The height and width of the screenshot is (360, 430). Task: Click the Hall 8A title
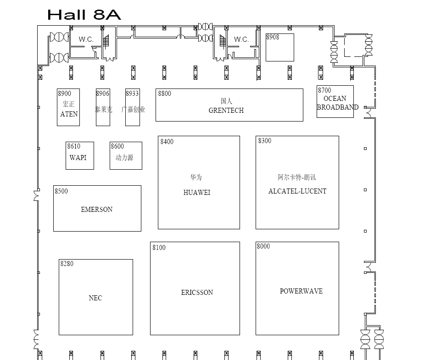pos(84,14)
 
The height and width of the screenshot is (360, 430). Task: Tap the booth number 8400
pos(167,142)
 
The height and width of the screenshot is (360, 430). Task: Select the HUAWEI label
pos(197,193)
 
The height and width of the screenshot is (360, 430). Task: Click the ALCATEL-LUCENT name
pos(297,191)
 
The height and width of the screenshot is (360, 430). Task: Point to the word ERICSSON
pos(197,293)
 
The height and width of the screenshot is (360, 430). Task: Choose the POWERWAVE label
pos(301,291)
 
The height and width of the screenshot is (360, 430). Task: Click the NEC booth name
pos(95,298)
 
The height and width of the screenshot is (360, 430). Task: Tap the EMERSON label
pos(96,210)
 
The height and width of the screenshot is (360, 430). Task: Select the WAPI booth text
pos(78,158)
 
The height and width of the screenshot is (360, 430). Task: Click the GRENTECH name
pos(226,111)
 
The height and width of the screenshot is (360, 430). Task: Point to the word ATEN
pos(69,114)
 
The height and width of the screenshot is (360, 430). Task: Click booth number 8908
pos(273,37)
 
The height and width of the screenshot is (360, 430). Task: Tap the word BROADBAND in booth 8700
pos(338,107)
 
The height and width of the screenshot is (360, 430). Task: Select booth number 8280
pos(67,264)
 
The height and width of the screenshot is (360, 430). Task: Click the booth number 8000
pos(263,246)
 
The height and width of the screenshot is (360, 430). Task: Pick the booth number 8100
pos(159,248)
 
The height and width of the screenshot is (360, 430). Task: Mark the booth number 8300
pos(265,141)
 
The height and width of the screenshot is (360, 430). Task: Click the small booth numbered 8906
pos(103,94)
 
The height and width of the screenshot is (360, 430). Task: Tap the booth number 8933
pos(132,94)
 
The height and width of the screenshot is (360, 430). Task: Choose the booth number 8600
pos(117,146)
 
